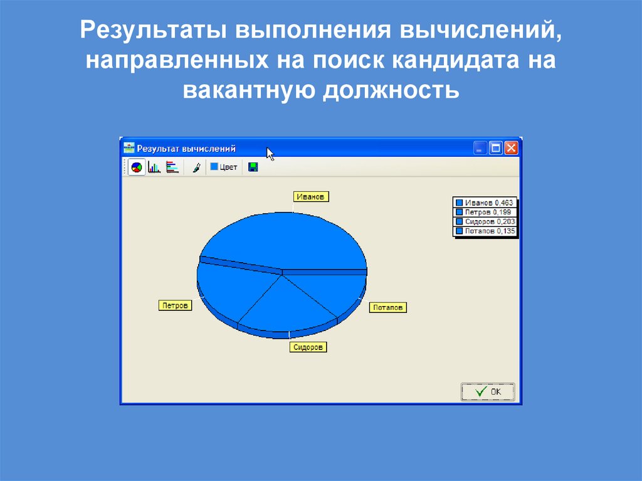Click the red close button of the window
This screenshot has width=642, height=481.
[511, 149]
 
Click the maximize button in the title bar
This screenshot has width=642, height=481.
[496, 149]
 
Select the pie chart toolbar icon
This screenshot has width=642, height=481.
[137, 167]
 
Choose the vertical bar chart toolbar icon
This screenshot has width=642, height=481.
[154, 167]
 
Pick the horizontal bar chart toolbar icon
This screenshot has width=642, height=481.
[172, 167]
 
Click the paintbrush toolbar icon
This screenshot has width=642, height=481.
[196, 167]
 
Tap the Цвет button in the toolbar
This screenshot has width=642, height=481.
[223, 167]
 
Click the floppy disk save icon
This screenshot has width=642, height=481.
[253, 167]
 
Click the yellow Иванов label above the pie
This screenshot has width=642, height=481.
[311, 196]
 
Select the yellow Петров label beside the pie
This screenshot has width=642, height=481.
[174, 305]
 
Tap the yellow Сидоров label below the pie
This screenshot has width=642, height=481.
[308, 347]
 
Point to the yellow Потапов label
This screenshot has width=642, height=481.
[388, 307]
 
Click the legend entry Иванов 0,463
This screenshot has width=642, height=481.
[485, 203]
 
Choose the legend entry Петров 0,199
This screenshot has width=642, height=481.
[485, 212]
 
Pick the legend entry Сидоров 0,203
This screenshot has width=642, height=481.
[485, 221]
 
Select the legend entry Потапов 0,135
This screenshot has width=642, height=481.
[485, 231]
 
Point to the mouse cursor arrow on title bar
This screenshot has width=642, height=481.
[270, 154]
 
